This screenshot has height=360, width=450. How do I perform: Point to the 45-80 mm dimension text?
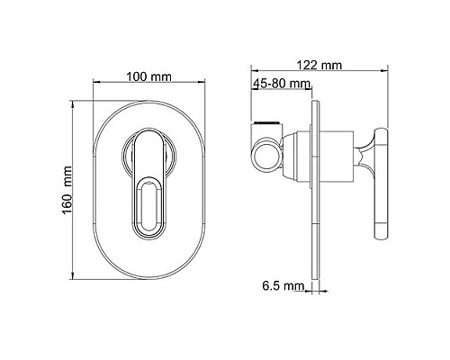coord(283,84)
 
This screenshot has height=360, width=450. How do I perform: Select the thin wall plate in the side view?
coord(314,189)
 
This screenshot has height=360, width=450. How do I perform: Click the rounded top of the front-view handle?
coord(148,136)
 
